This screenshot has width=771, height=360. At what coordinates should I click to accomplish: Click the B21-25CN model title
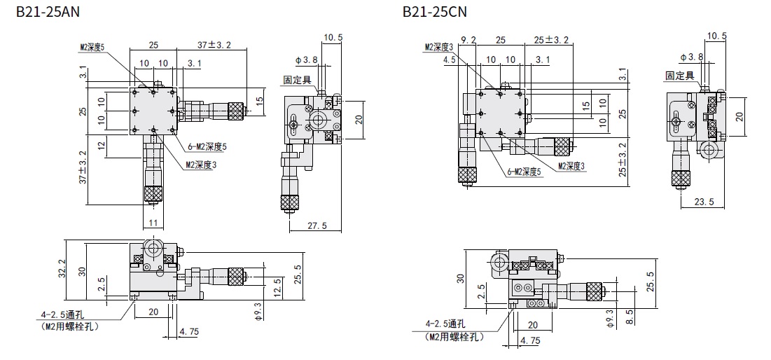click(x=434, y=11)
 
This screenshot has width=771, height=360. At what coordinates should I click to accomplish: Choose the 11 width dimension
click(x=153, y=223)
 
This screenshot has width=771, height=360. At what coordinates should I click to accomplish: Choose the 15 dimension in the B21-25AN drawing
click(x=259, y=99)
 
